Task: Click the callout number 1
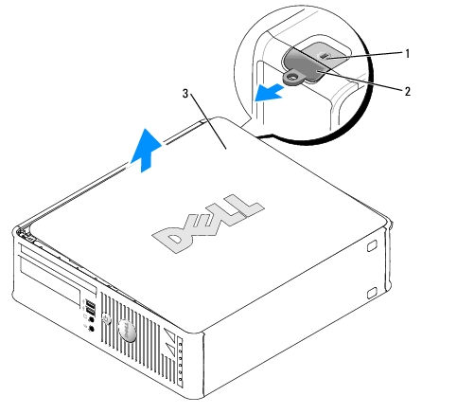click(x=408, y=54)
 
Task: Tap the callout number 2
click(x=408, y=92)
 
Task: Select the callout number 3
click(x=185, y=94)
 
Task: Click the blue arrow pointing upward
click(x=146, y=150)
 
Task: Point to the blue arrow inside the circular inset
click(x=269, y=93)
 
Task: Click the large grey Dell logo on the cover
click(x=208, y=224)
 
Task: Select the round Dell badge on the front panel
click(x=128, y=331)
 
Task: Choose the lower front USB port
click(x=90, y=312)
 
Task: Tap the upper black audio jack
click(x=91, y=319)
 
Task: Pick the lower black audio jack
click(x=91, y=329)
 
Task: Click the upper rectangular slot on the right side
click(x=372, y=245)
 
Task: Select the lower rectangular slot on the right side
click(x=372, y=293)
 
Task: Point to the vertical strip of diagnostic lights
click(x=180, y=362)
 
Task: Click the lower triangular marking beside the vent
click(x=170, y=350)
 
